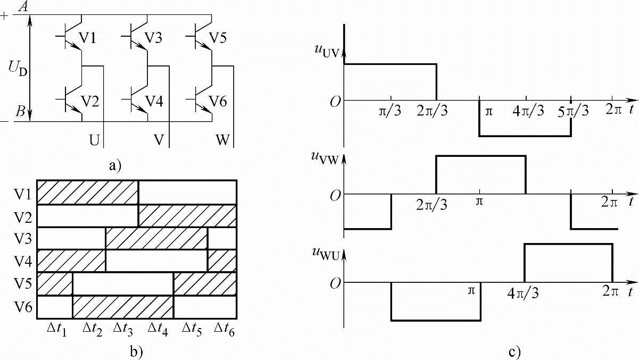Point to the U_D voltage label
click(18, 69)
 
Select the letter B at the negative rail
click(20, 112)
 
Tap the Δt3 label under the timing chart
click(124, 328)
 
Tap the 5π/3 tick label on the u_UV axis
click(572, 112)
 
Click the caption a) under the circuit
click(114, 165)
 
